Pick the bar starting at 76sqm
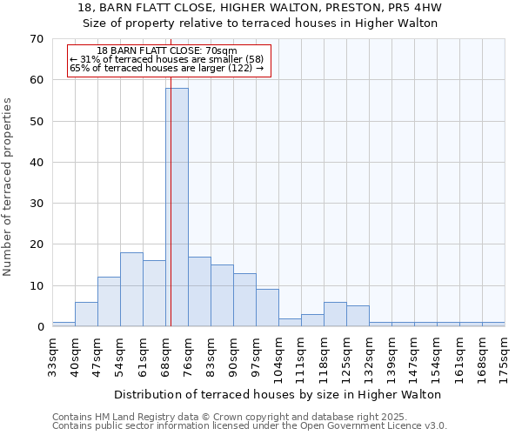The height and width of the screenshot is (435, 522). (x=199, y=291)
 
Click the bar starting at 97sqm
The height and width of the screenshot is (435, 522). (x=267, y=308)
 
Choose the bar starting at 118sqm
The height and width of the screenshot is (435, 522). (x=335, y=314)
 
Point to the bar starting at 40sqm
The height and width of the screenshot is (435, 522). (x=86, y=314)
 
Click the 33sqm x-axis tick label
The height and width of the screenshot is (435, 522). (x=52, y=355)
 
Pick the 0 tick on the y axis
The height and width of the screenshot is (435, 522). (x=39, y=327)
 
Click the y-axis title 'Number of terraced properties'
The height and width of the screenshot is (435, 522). (x=9, y=187)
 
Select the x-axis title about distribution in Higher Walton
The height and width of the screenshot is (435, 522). (x=278, y=394)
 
